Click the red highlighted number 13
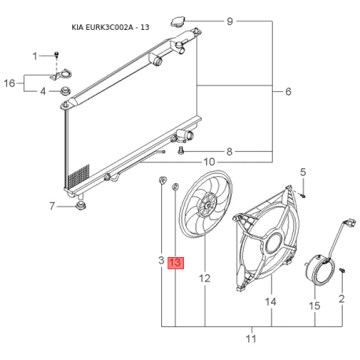point(175,263)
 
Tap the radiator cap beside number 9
point(178,21)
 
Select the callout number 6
point(288,91)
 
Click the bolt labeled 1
point(57,55)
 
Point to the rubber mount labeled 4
point(65,91)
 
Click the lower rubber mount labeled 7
point(80,206)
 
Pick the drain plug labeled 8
point(181,151)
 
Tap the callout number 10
point(209,162)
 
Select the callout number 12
point(204,278)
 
